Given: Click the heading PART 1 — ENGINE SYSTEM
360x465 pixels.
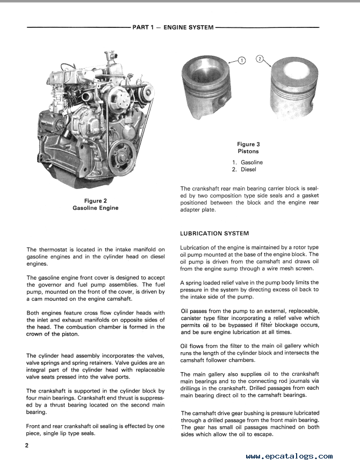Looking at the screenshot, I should click(172, 27).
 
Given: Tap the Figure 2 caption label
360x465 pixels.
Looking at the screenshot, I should click(97, 201).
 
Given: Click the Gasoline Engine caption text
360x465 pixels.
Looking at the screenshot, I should click(97, 208).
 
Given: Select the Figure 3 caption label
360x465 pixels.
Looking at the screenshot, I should click(248, 144).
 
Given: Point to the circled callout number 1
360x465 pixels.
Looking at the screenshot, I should click(241, 61).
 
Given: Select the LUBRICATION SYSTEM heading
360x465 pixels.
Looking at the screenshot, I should click(214, 234).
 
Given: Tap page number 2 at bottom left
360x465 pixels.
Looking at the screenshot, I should click(26, 446).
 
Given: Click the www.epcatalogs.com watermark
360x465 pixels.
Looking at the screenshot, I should click(290, 456).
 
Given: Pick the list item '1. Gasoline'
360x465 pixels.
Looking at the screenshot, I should click(247, 162).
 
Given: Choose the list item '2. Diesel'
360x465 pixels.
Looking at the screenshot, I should click(244, 170).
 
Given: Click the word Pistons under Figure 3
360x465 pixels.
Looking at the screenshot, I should click(248, 151).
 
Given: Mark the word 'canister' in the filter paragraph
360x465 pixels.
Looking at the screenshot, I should click(192, 318).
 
